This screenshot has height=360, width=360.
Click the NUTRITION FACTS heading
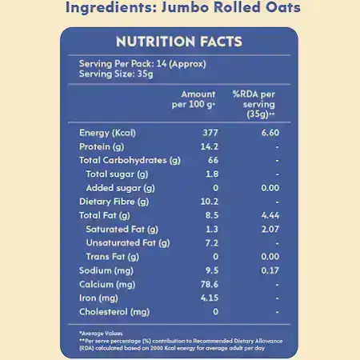click(179, 42)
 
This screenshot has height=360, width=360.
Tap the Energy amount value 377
click(210, 133)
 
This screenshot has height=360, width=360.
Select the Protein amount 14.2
click(210, 146)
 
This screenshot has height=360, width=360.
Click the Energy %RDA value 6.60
click(270, 133)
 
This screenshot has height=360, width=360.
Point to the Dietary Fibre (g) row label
click(114, 202)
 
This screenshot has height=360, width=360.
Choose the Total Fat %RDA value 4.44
click(270, 215)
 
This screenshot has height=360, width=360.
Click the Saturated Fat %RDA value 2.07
click(270, 229)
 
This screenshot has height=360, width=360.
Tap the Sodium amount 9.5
click(212, 270)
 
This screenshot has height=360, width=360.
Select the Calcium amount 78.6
click(210, 284)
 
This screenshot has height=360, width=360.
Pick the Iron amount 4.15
click(210, 298)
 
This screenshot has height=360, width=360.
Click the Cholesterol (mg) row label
click(114, 312)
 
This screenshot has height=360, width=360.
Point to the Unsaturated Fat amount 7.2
click(212, 243)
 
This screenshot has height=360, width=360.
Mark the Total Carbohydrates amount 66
click(213, 160)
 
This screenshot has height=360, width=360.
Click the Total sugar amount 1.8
click(212, 174)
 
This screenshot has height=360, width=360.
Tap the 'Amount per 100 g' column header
click(194, 99)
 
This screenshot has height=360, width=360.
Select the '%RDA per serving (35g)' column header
click(254, 104)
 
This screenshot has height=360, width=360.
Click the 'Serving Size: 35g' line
click(116, 74)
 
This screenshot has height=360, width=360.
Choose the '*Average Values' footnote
click(101, 334)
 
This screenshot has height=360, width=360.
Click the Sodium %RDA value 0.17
click(270, 270)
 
